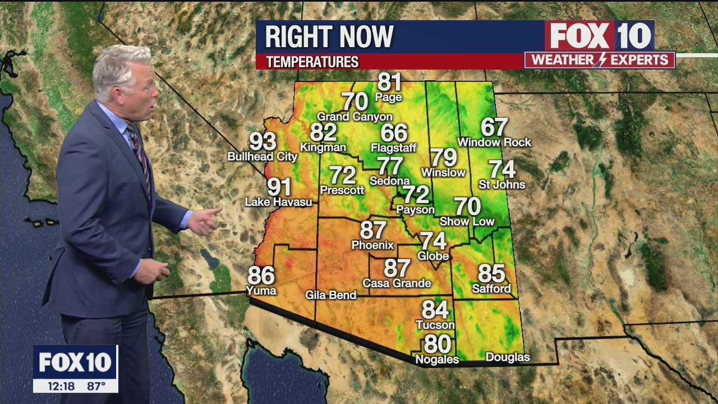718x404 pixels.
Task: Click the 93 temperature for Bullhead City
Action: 263,141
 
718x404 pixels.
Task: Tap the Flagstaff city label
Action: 394,148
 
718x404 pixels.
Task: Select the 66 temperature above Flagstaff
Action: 394,133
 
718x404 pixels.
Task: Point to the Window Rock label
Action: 494,143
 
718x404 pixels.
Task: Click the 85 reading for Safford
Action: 491,274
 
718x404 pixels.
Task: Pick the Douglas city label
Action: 507,357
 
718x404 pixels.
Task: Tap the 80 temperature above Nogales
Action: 437,344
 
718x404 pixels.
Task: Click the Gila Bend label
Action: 331,295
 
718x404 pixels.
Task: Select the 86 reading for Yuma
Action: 261,276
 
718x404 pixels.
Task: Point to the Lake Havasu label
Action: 278,202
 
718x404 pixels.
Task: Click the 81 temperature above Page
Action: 389,82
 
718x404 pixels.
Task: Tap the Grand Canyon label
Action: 355,117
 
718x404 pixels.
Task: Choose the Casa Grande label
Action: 397,283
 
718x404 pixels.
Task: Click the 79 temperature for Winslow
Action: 443,158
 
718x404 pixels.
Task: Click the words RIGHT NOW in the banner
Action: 329,37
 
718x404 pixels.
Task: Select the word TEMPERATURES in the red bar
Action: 312,62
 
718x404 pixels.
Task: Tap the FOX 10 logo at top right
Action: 599,36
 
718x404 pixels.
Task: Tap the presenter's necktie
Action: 140,157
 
